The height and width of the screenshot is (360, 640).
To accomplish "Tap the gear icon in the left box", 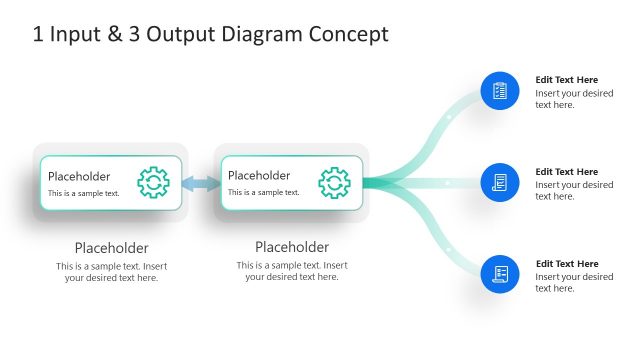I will [153, 183].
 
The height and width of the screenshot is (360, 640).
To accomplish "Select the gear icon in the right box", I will [334, 183].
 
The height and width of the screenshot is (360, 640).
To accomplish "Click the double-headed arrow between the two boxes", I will [201, 183].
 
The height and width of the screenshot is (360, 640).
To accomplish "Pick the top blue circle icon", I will [500, 91].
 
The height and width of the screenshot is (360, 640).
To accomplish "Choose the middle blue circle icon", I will [500, 183].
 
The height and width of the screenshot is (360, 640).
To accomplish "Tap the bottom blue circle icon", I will [500, 274].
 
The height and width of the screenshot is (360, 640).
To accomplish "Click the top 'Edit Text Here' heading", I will [566, 80].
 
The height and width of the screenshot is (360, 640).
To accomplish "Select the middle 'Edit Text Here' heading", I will [566, 172].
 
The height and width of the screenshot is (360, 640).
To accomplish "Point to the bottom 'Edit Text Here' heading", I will [566, 264].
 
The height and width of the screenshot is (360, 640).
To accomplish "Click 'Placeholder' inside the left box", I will [79, 176].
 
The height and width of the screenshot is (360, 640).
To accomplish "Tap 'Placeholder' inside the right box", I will [259, 176].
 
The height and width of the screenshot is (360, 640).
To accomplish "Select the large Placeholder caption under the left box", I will [112, 248].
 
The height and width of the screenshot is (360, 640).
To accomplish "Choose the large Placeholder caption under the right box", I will [292, 247].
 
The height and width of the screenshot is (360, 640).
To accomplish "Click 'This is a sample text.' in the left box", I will [84, 193].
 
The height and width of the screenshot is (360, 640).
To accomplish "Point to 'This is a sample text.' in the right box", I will [264, 193].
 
